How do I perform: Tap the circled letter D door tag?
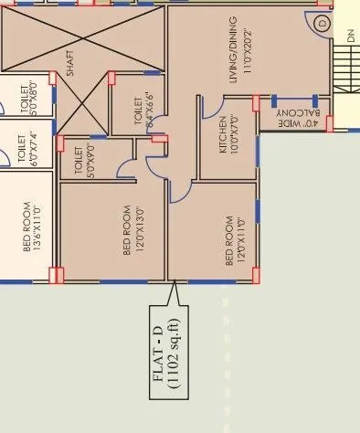[x=323, y=22]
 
